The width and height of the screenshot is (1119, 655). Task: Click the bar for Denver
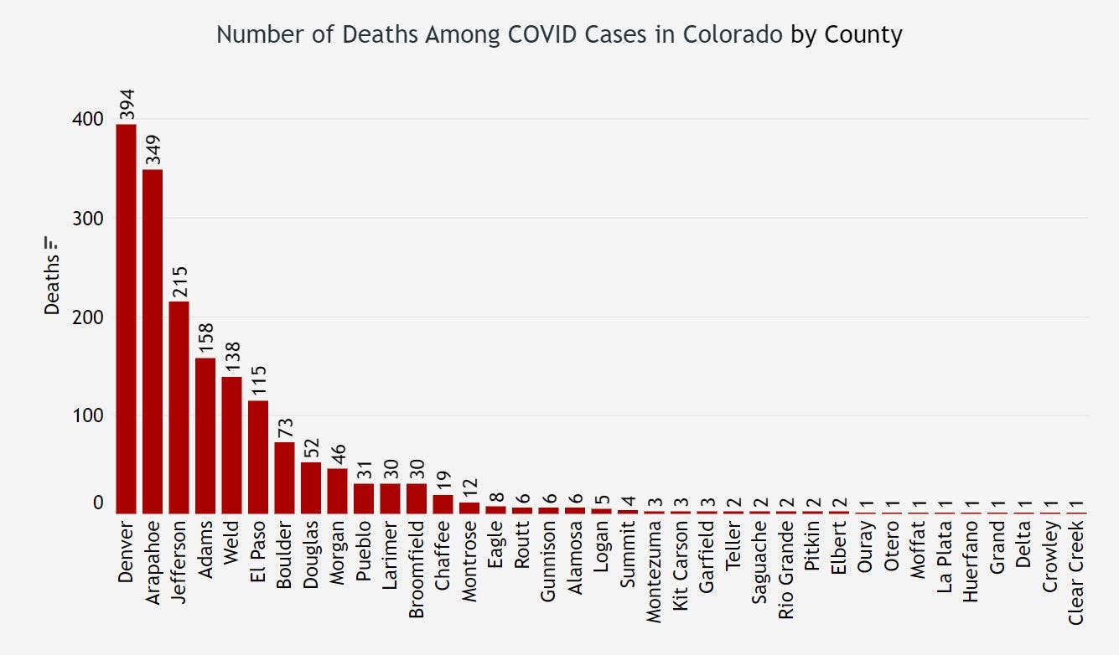pyautogui.click(x=126, y=318)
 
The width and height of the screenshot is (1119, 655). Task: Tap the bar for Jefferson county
pyautogui.click(x=179, y=407)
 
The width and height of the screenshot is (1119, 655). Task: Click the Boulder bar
pyautogui.click(x=284, y=477)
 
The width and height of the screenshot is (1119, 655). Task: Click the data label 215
pyautogui.click(x=179, y=282)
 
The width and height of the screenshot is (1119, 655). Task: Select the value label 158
pyautogui.click(x=205, y=339)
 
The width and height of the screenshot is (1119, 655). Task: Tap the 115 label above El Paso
pyautogui.click(x=258, y=382)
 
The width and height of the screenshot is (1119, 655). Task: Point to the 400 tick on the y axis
pyautogui.click(x=87, y=120)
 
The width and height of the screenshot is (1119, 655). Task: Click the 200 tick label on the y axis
pyautogui.click(x=87, y=317)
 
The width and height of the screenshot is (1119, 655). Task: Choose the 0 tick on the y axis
pyautogui.click(x=98, y=503)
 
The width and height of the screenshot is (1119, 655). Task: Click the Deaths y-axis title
pyautogui.click(x=52, y=285)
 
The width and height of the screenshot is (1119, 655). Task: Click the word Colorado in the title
pyautogui.click(x=741, y=35)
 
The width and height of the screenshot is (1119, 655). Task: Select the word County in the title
pyautogui.click(x=863, y=35)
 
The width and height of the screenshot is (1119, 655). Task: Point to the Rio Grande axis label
pyautogui.click(x=786, y=570)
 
